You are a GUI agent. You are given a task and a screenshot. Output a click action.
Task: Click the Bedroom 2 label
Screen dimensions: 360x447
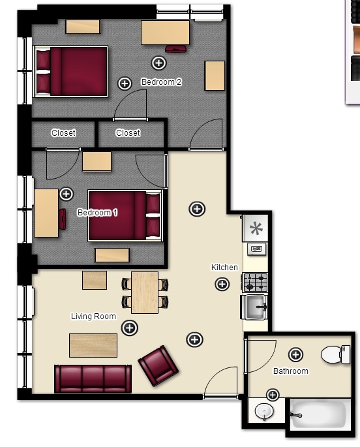click(161, 82)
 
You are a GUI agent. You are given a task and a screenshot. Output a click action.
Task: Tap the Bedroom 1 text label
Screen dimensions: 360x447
click(97, 212)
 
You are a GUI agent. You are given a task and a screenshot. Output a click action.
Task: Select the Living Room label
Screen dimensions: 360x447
click(93, 316)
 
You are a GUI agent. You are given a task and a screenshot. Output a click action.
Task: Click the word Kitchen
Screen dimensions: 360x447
click(224, 268)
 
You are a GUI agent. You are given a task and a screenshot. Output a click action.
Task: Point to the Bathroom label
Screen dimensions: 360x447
click(290, 371)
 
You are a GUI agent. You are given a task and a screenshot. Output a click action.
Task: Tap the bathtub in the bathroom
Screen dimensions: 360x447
click(320, 414)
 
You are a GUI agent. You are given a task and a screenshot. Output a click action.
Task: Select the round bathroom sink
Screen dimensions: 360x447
click(264, 412)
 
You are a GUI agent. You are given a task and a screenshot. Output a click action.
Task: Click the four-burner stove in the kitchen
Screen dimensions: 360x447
click(255, 282)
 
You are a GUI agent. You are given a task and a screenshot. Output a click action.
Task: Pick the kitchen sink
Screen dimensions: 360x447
click(254, 307)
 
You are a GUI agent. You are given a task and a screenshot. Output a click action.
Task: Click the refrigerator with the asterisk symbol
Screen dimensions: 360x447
click(256, 228)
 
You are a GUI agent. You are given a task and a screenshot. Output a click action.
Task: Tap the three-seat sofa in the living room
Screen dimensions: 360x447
click(93, 379)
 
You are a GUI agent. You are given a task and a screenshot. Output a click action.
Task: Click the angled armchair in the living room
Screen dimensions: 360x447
click(158, 365)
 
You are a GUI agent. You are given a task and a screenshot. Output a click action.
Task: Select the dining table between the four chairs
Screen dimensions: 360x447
click(145, 292)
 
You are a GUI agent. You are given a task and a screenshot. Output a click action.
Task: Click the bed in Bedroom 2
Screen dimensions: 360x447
click(70, 71)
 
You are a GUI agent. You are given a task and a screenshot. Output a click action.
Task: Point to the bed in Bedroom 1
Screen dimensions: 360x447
click(125, 216)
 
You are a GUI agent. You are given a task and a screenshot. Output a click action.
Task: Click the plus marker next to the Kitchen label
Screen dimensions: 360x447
click(222, 284)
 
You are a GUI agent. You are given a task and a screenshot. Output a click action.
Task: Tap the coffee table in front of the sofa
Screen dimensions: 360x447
click(93, 345)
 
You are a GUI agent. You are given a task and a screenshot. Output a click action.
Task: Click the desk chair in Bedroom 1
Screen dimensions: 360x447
click(63, 219)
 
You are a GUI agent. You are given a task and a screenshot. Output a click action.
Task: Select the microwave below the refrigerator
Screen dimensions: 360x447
click(256, 249)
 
